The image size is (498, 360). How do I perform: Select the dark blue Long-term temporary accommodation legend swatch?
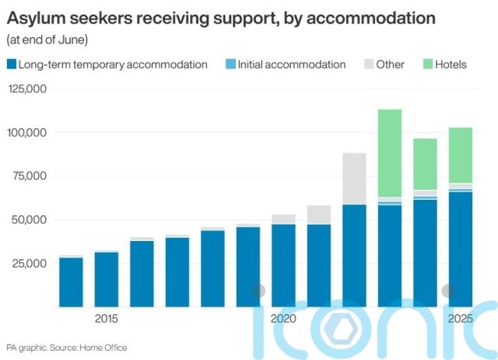coord(12,65)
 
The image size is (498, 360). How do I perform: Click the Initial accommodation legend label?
coord(292,65)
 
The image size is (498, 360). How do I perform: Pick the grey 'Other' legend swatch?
coord(367,65)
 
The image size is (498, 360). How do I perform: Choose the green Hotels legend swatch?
coord(428,65)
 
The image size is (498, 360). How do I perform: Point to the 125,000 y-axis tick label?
coord(27,89)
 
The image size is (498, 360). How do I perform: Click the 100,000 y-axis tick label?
coord(27,133)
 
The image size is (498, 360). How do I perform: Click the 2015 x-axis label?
coord(107,320)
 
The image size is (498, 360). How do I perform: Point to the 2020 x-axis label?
coord(283,320)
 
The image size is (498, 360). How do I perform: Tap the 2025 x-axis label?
coord(460,320)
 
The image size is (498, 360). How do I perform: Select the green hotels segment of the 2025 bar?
coord(460,156)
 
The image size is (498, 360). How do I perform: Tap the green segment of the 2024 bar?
coord(425,164)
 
